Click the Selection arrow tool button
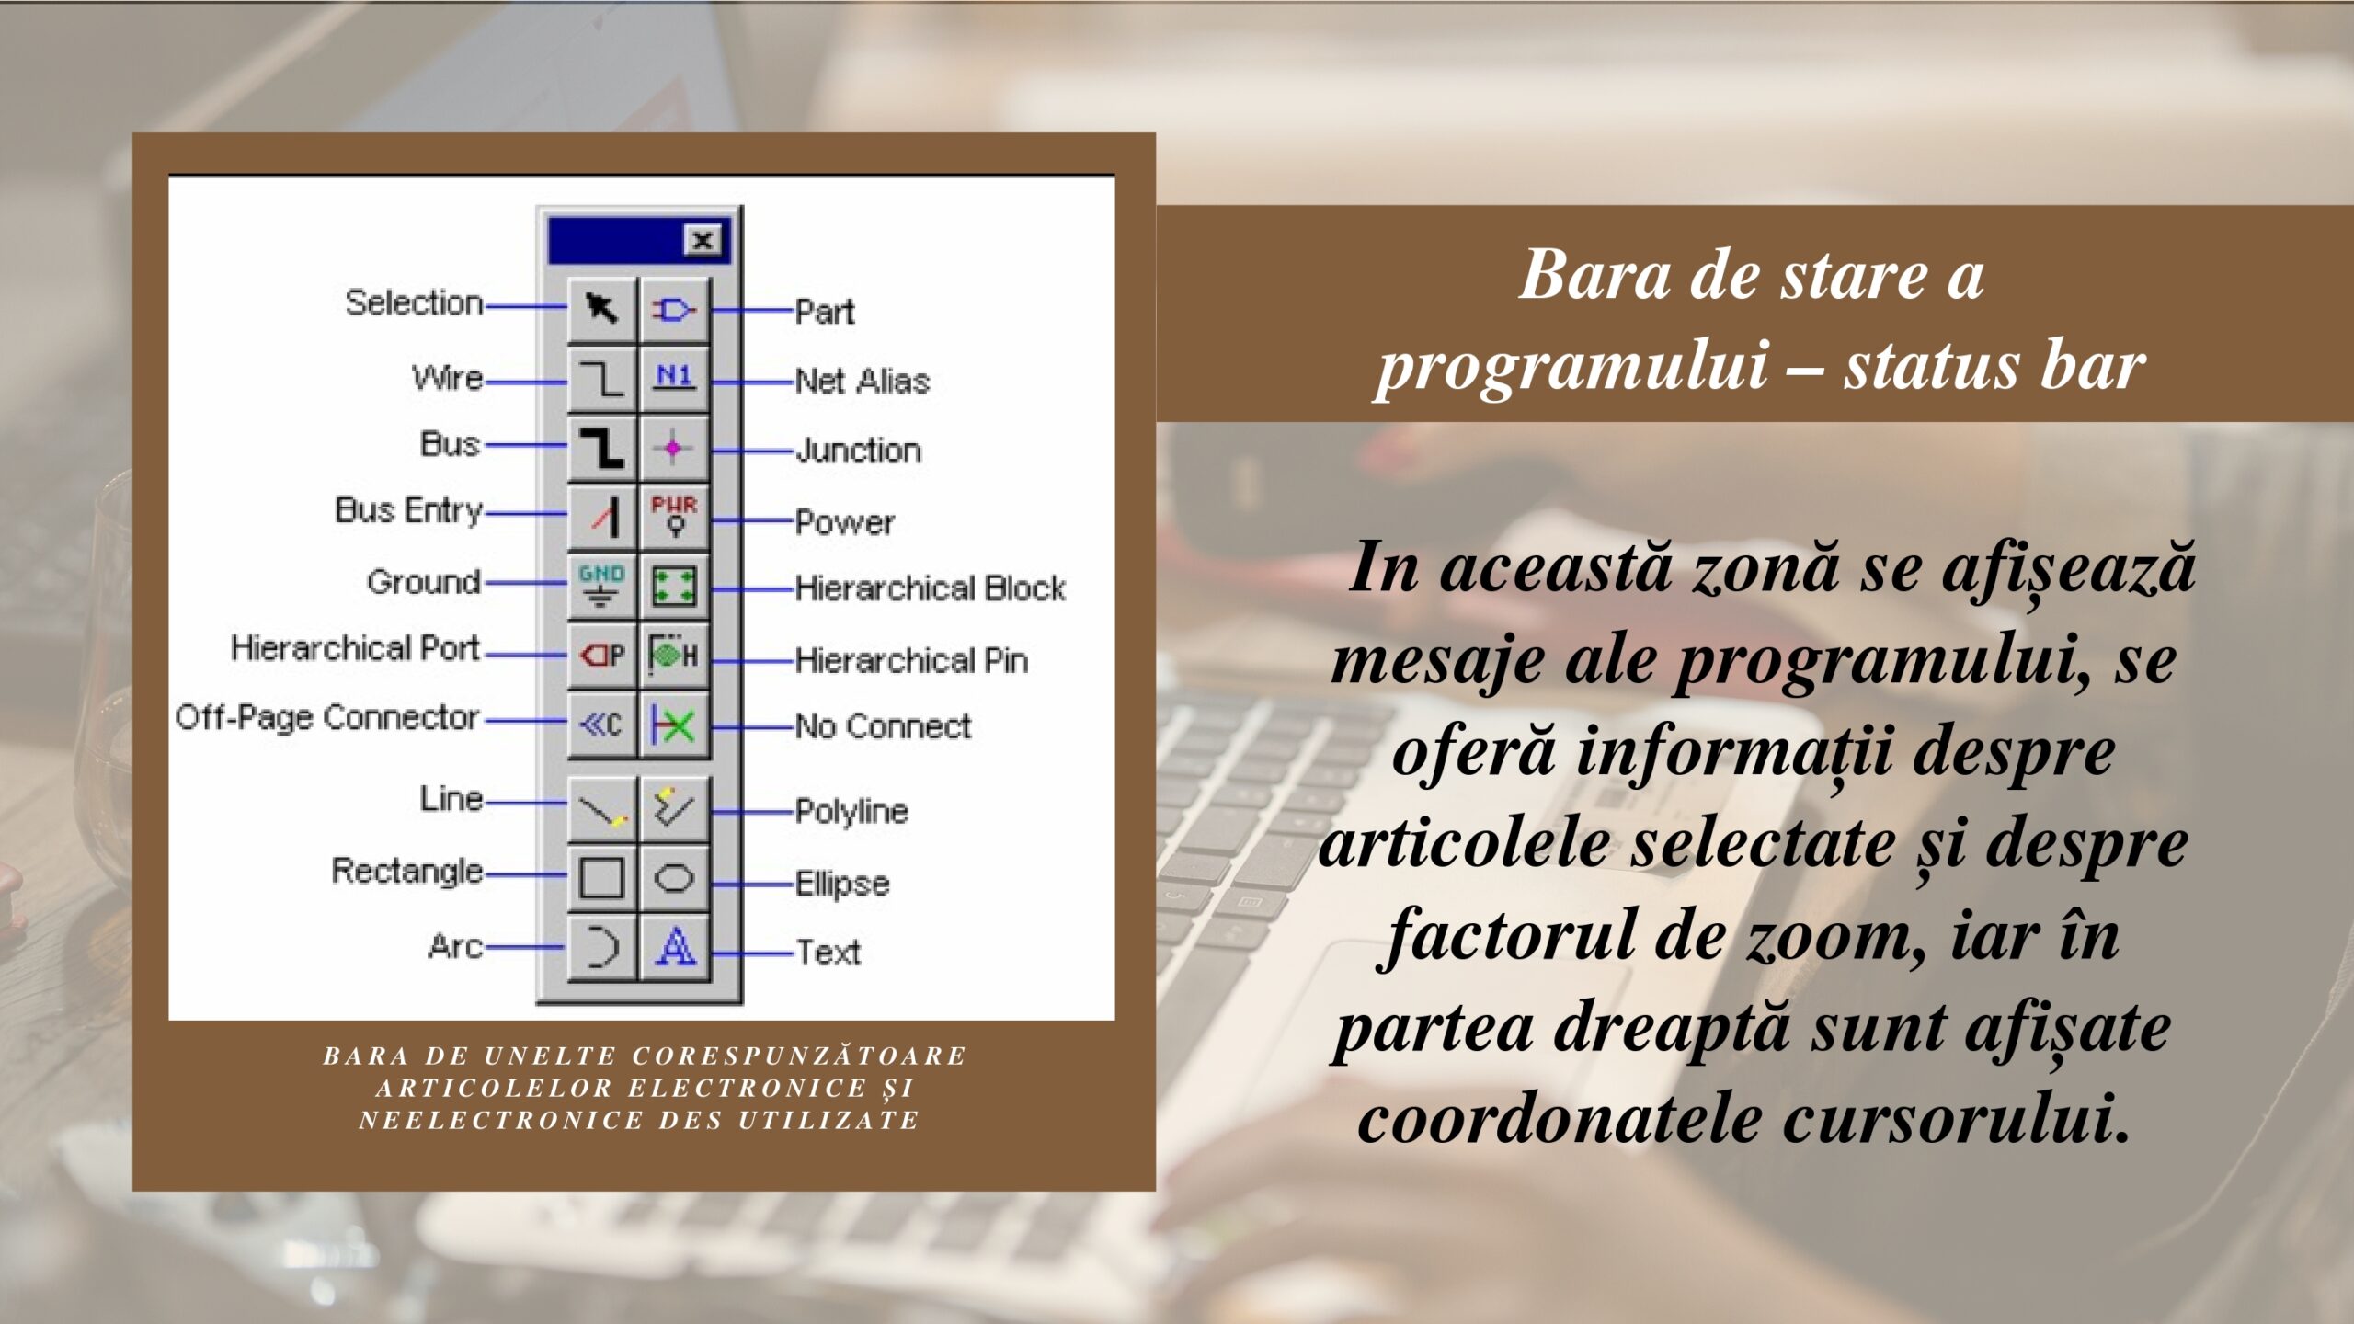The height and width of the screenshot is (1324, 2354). point(602,309)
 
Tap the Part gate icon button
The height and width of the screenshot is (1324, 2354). point(674,309)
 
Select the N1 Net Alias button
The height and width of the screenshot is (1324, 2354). point(674,378)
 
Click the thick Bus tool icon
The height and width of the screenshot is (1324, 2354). point(602,448)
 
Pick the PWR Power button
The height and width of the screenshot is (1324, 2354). point(674,517)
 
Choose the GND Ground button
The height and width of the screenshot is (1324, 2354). point(602,586)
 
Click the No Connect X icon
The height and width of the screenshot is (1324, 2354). point(674,725)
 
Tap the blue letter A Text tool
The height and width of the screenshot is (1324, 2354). point(674,946)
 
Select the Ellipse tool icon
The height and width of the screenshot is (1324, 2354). point(674,878)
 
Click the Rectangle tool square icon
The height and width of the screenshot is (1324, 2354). point(602,878)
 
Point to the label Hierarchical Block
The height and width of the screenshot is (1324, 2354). point(931,588)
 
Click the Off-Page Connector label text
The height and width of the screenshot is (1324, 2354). point(327,717)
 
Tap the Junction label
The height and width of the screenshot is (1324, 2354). point(859,450)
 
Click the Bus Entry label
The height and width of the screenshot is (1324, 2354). point(409,510)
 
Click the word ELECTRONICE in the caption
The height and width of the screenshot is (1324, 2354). point(748,1088)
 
